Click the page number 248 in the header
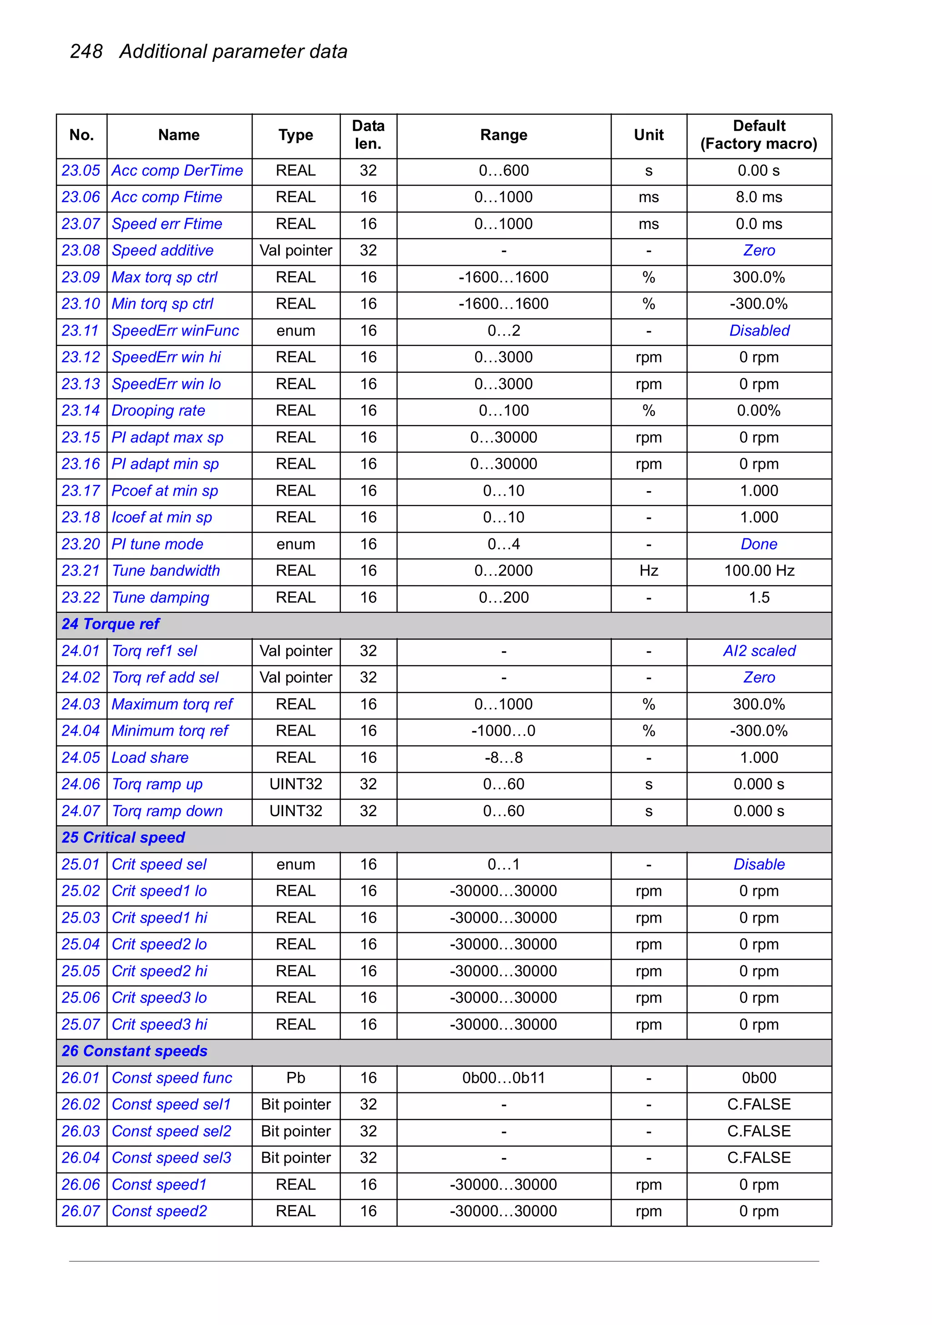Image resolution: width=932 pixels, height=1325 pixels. (x=86, y=51)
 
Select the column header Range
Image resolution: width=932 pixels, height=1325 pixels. (x=503, y=135)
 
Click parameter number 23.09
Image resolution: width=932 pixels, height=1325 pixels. (x=81, y=278)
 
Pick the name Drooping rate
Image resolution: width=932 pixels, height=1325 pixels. (x=158, y=411)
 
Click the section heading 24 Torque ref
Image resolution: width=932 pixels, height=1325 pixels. (x=111, y=624)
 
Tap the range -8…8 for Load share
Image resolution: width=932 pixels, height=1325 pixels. (x=503, y=758)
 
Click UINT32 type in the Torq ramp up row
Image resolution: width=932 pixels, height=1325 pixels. (x=295, y=784)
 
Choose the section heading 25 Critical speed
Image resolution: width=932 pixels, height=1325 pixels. (x=123, y=838)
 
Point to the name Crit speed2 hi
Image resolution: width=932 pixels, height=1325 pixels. (x=159, y=971)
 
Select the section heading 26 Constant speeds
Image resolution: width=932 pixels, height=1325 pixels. (x=134, y=1051)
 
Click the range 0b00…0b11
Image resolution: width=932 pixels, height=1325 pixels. (x=503, y=1078)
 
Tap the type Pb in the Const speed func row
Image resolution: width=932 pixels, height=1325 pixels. (x=295, y=1078)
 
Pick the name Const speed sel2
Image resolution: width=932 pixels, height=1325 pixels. (x=172, y=1131)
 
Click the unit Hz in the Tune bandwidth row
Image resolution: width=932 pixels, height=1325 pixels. (x=648, y=571)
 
